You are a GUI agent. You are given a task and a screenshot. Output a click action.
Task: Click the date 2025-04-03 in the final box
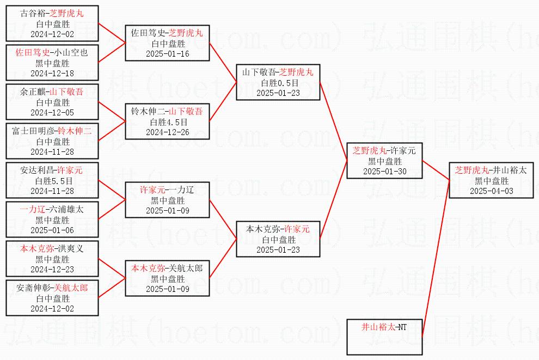(491, 191)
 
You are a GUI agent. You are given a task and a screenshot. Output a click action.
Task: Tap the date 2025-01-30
(384, 172)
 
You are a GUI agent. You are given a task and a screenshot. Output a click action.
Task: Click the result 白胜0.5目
(278, 83)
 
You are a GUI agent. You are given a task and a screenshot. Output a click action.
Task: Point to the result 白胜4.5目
(167, 122)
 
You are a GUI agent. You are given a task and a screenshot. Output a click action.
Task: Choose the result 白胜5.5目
(52, 181)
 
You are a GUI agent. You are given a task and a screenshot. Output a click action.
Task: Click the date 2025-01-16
(167, 54)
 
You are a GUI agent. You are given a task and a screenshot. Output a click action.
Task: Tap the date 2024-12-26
(167, 132)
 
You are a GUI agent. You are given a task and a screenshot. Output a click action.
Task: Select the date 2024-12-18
(52, 74)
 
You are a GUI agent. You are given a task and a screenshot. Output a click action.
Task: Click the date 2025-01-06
(52, 230)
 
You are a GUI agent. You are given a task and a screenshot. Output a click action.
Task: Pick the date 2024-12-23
(52, 269)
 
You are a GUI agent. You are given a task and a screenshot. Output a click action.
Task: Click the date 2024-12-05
(52, 112)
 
